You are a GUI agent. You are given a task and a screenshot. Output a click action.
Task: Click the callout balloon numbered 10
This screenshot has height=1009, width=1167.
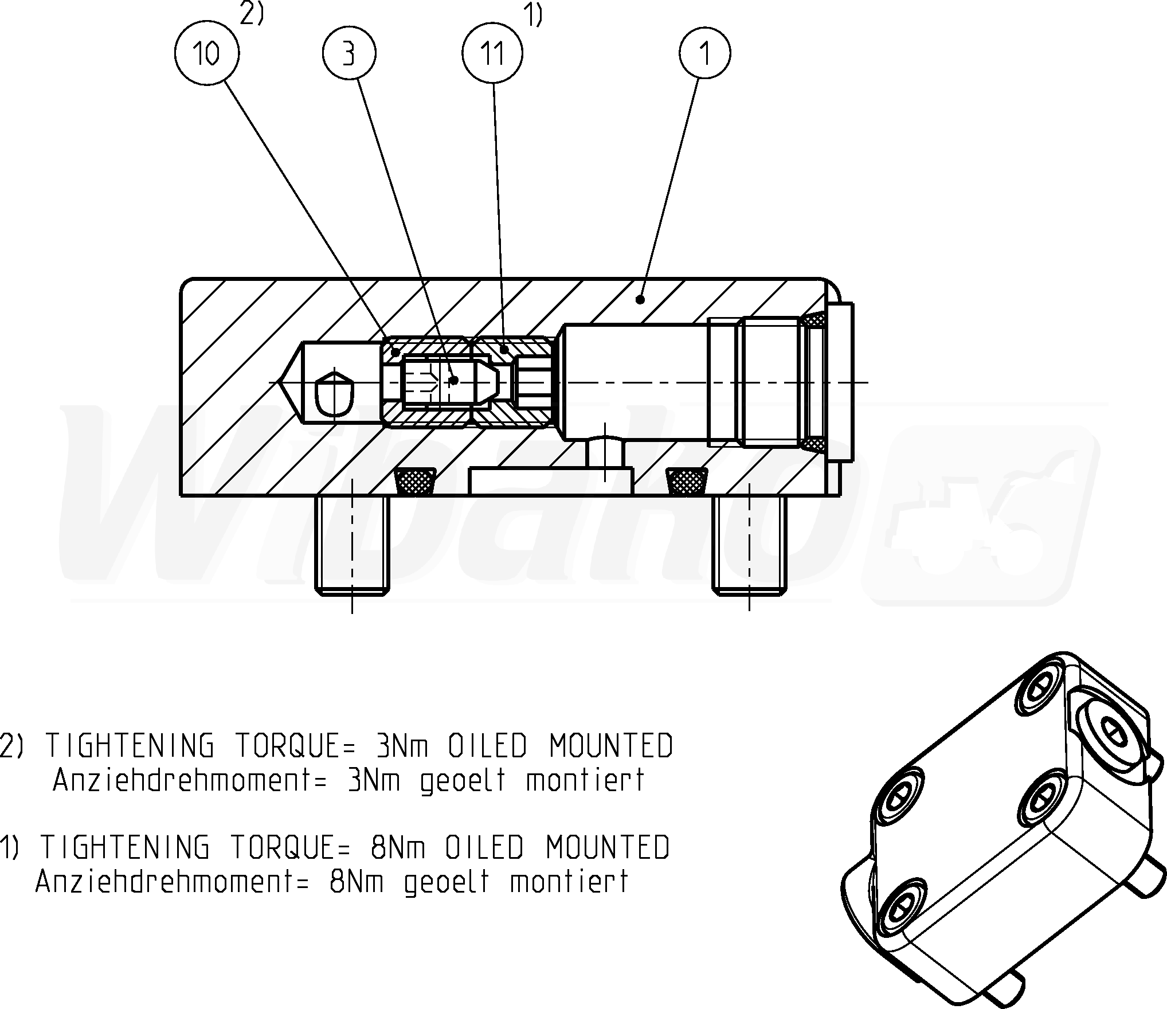pyautogui.click(x=207, y=54)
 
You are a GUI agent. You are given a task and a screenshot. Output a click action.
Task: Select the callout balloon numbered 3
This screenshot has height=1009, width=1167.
pyautogui.click(x=349, y=54)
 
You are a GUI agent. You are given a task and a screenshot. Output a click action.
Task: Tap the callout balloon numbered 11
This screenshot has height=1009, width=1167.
pyautogui.click(x=492, y=54)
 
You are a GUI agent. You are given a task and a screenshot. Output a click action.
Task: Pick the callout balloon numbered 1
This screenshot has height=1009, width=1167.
pyautogui.click(x=705, y=54)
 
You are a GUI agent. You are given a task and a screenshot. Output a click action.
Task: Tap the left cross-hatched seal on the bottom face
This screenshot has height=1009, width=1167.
pyautogui.click(x=415, y=480)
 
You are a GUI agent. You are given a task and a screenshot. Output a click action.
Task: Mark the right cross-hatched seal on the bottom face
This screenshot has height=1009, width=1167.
pyautogui.click(x=687, y=480)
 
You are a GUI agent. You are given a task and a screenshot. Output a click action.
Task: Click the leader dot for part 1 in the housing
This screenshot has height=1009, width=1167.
pyautogui.click(x=640, y=299)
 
